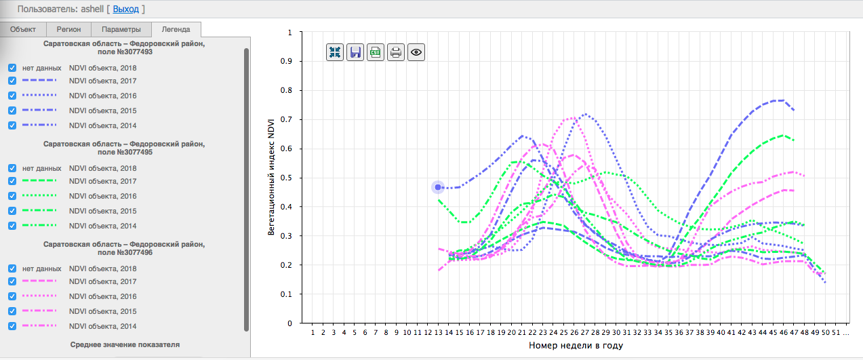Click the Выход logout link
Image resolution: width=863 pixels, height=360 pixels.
(125, 9)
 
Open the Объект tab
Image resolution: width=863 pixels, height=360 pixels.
(23, 29)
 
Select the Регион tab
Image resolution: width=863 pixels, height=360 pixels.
(68, 29)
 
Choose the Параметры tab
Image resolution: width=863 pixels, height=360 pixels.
(121, 29)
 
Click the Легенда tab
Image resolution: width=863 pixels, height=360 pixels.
(176, 29)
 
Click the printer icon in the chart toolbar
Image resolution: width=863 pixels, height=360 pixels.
(396, 52)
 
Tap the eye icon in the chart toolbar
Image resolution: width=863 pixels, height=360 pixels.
(416, 52)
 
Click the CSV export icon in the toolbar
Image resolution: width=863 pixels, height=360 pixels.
(376, 52)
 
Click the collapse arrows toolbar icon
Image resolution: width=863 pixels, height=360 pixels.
(335, 52)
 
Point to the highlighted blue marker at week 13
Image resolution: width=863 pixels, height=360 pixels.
(438, 187)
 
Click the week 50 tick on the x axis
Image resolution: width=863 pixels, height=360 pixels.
(825, 333)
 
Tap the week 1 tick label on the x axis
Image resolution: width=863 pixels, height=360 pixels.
(313, 333)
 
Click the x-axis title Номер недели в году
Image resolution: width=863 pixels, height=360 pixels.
(576, 346)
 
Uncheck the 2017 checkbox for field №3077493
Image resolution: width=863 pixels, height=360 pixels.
(12, 81)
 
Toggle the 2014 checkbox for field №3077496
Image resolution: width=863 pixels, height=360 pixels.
(12, 326)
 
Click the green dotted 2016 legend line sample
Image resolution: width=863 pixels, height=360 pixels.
(39, 196)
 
